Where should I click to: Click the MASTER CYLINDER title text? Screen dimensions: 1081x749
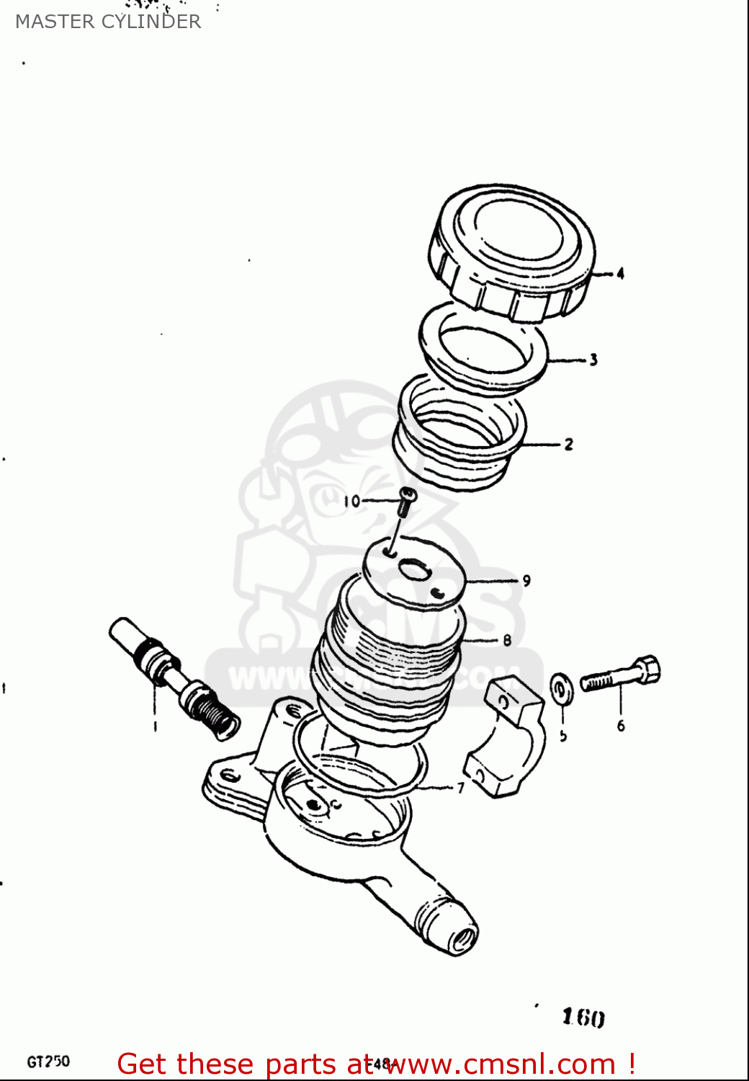(x=108, y=22)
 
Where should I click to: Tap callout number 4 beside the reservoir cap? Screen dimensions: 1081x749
(x=620, y=274)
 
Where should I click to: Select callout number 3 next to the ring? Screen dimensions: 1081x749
(x=593, y=360)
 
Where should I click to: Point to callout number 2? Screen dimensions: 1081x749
(x=568, y=445)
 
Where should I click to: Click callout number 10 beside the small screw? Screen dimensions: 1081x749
(x=351, y=501)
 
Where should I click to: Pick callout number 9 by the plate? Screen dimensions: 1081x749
(x=526, y=580)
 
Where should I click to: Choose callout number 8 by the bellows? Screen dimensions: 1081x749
(x=507, y=640)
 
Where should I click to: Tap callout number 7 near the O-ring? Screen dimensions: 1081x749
(x=461, y=788)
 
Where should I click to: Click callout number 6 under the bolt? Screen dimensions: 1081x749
(x=621, y=726)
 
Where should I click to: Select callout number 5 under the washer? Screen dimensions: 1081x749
(x=563, y=735)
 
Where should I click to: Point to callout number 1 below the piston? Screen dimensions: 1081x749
(x=155, y=726)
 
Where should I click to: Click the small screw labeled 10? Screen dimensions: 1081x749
(x=407, y=500)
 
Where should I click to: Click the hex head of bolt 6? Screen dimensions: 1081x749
(x=648, y=669)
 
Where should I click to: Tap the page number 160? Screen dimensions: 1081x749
(x=583, y=1017)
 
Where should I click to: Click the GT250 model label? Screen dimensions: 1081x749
(x=48, y=1062)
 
